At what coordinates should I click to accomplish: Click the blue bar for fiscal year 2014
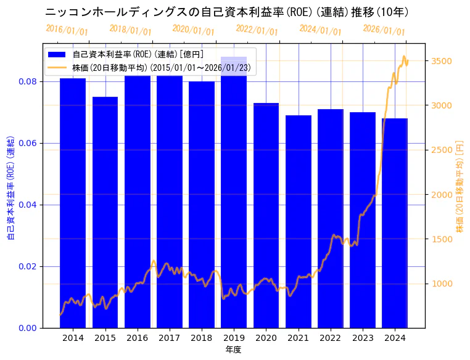click(73, 203)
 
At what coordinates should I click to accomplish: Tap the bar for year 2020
click(266, 216)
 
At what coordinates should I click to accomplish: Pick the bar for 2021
click(299, 222)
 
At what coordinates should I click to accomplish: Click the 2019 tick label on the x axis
click(234, 338)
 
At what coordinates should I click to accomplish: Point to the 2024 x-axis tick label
click(395, 338)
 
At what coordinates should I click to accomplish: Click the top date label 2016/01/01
click(67, 30)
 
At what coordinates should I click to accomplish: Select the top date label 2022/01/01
click(257, 30)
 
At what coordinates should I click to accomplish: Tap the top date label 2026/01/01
click(384, 30)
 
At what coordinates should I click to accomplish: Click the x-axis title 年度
click(233, 350)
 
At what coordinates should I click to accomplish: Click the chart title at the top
click(227, 12)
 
